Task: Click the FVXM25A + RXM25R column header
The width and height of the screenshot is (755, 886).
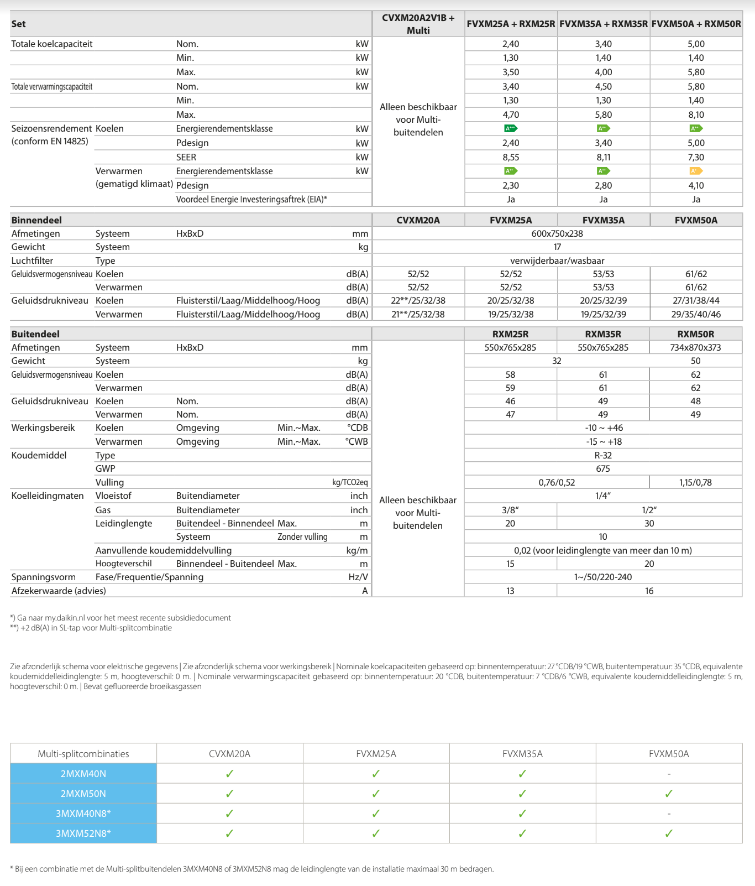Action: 511,24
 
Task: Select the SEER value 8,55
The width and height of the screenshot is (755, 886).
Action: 511,157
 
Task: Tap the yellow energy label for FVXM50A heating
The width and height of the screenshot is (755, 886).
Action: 696,171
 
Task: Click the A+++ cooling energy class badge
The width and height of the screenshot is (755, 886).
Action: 511,128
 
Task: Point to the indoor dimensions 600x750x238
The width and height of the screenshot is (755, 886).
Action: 557,233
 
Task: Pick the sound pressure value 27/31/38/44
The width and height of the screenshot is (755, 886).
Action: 696,300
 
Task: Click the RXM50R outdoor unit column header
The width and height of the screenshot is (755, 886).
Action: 696,334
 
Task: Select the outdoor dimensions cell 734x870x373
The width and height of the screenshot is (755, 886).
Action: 696,347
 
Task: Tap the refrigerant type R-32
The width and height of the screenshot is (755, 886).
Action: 603,455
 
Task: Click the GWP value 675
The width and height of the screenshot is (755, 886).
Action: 603,468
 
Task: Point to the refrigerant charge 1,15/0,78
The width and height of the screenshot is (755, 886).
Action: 695,482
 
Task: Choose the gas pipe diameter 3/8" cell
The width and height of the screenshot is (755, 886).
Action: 510,510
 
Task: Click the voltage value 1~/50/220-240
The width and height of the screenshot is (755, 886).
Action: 603,577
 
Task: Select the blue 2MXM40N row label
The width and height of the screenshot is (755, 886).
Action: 83,774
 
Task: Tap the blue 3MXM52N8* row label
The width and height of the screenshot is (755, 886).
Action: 83,833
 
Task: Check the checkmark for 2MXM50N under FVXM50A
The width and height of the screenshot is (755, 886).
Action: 669,794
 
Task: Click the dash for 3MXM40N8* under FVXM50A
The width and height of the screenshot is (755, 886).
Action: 669,814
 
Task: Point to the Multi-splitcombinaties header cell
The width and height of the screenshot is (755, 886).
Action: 83,754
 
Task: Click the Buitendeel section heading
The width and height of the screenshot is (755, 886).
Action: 35,334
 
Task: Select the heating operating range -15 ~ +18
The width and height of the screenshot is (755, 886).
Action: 604,442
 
